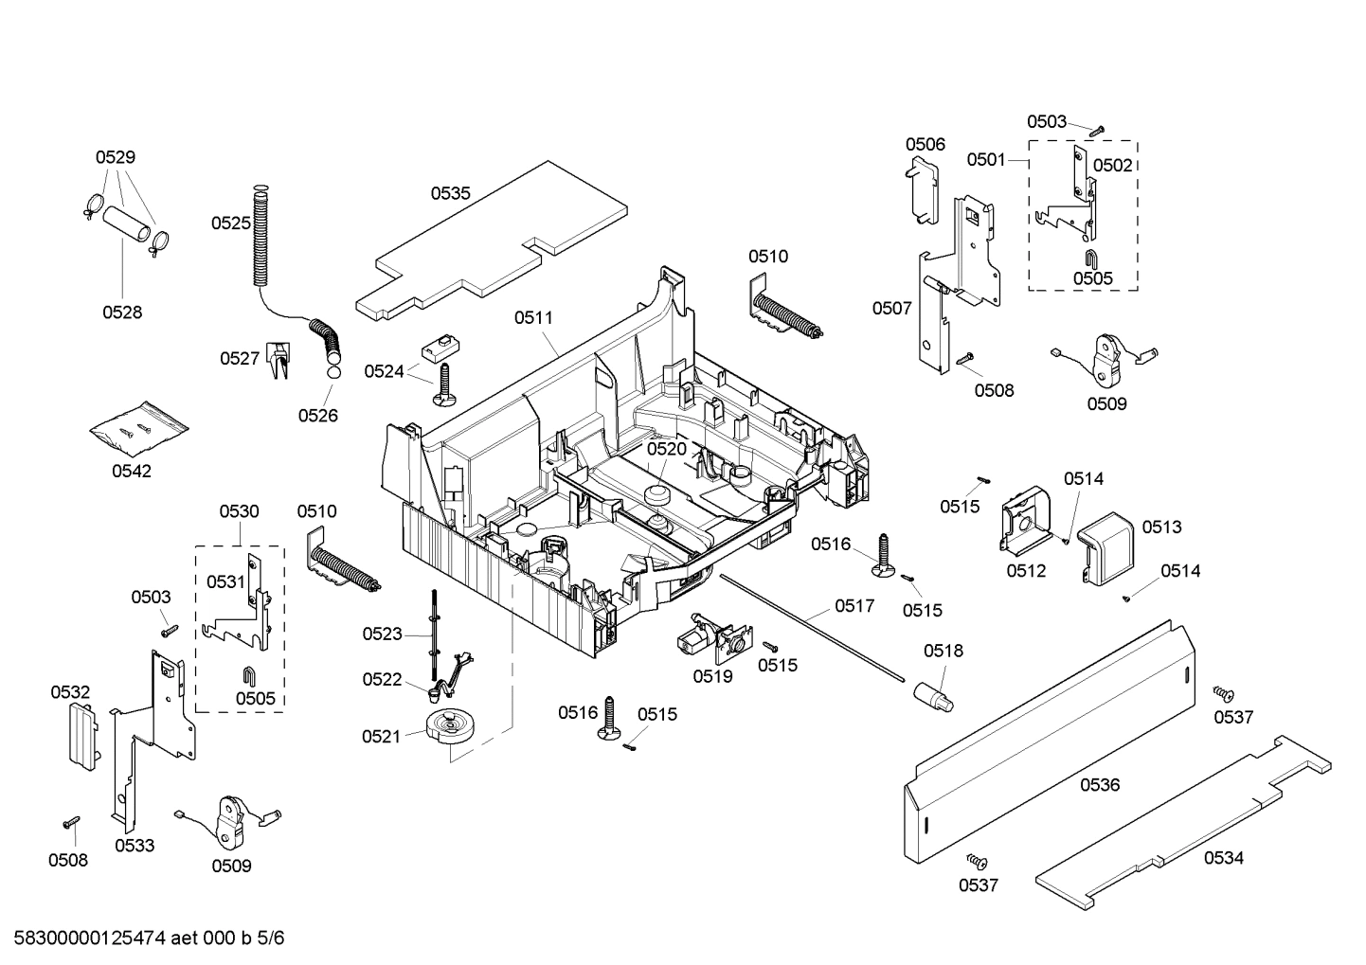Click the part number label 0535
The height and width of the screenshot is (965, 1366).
pyautogui.click(x=450, y=193)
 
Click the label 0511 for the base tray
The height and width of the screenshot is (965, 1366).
pyautogui.click(x=533, y=318)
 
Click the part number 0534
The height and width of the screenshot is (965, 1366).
pyautogui.click(x=1223, y=858)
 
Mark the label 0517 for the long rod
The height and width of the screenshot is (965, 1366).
pyautogui.click(x=854, y=605)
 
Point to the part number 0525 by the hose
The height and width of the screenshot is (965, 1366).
pyautogui.click(x=230, y=223)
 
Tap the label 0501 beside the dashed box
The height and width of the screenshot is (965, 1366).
pyautogui.click(x=986, y=160)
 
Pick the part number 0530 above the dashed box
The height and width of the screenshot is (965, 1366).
pyautogui.click(x=239, y=511)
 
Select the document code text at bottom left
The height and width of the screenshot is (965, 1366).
pyautogui.click(x=143, y=938)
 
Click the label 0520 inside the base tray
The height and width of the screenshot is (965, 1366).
pyautogui.click(x=666, y=449)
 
